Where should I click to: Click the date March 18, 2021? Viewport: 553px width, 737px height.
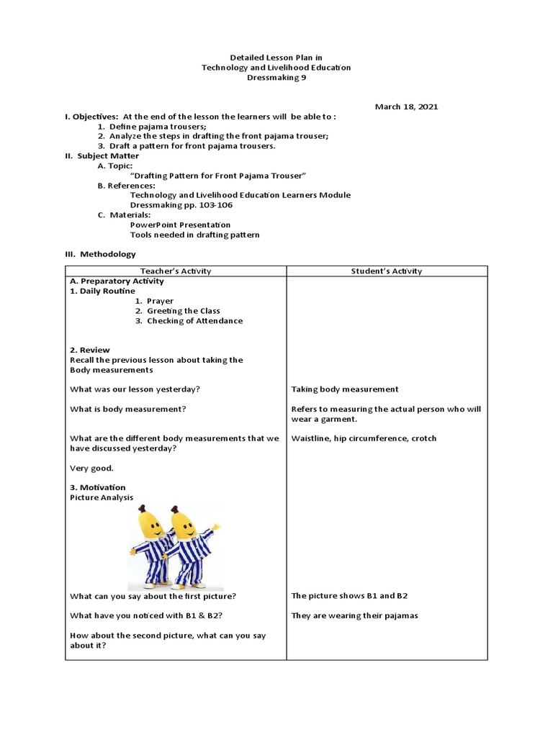[x=405, y=107]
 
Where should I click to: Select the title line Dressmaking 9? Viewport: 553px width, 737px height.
[x=276, y=77]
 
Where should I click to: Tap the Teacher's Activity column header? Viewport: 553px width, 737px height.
[x=176, y=271]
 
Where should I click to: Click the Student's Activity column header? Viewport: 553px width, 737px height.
[x=387, y=271]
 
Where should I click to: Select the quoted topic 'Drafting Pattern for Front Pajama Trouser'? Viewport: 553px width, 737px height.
[x=218, y=176]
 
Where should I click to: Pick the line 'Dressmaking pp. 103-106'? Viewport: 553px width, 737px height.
[x=181, y=204]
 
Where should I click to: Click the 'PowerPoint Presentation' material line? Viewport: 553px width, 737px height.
[x=180, y=225]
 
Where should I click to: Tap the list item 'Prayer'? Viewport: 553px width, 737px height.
[x=159, y=301]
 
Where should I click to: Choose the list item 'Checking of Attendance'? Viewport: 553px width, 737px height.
[x=194, y=321]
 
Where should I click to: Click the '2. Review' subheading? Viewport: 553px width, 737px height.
[x=90, y=350]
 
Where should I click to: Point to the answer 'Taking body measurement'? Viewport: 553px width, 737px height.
[x=344, y=389]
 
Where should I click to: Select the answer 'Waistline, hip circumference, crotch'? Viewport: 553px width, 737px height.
[x=364, y=438]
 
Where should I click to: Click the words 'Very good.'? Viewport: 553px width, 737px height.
[x=91, y=468]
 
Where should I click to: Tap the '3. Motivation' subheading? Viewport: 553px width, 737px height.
[x=98, y=487]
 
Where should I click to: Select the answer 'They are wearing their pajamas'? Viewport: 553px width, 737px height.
[x=354, y=615]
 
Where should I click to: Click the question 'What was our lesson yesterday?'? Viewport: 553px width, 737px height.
[x=135, y=389]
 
